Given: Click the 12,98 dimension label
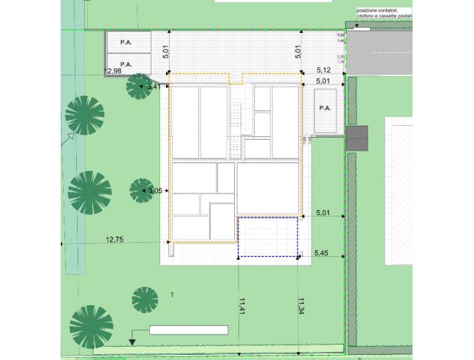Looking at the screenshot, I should pos(113,71).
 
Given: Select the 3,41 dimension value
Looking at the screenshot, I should pos(153,87).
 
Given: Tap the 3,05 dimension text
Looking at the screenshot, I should pos(154,191).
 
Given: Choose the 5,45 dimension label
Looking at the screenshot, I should pos(321,253).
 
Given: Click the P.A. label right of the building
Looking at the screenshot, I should pos(325,108).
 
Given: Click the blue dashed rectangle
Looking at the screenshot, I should pos(268,236).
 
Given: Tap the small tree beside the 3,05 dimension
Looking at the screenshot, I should pos(140,191).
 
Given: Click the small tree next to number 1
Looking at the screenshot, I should pos(145,299).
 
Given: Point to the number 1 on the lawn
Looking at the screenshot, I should pos(172,294).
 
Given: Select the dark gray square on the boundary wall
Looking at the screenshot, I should pos(357,138).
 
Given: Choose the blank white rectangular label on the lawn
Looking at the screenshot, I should pos(188,330).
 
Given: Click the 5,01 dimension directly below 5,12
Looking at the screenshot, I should pos(323,82).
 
